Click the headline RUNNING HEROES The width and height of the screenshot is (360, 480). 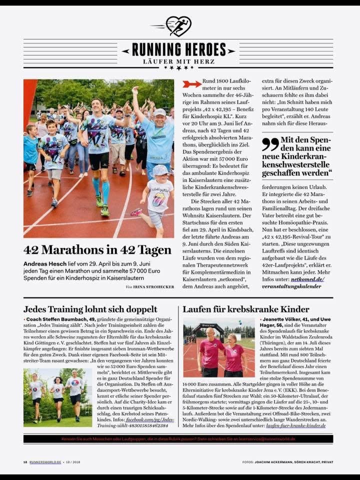(x=179, y=49)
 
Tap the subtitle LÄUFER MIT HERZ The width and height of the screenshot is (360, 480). (x=179, y=61)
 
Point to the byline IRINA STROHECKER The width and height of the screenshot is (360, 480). (x=153, y=286)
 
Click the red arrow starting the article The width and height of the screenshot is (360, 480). (x=191, y=84)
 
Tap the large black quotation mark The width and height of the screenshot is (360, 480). (x=270, y=144)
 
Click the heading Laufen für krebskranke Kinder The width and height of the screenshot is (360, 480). (x=246, y=309)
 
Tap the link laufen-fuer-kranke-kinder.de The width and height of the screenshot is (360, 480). (x=295, y=425)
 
